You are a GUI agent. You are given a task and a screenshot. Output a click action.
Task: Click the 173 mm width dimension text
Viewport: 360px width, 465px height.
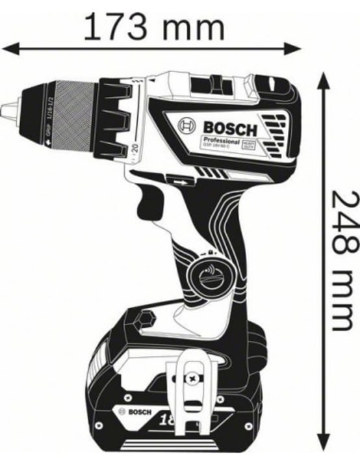click(x=154, y=27)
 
